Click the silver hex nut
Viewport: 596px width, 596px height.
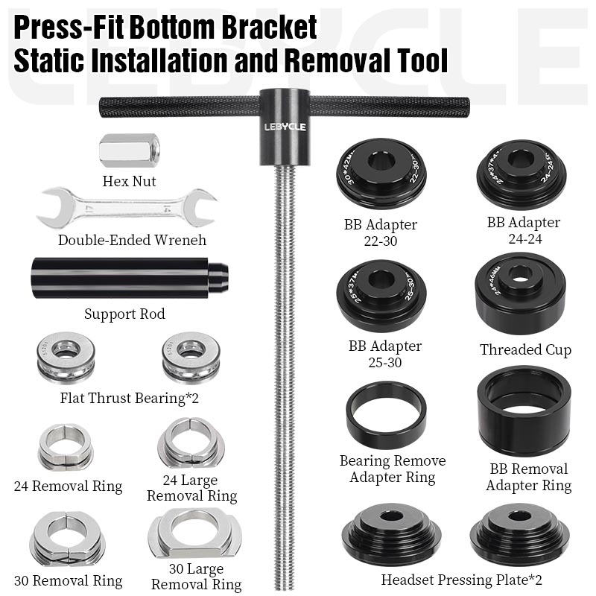coord(129,151)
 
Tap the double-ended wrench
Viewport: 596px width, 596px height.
coord(127,208)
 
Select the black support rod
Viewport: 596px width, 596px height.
coord(130,279)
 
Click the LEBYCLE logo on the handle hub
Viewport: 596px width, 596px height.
coord(285,127)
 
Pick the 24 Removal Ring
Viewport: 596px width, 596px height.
coord(66,447)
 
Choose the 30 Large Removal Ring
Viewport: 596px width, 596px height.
coord(195,533)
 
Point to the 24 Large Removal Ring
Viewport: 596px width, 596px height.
coord(191,443)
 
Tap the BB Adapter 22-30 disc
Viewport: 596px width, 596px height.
coord(381,173)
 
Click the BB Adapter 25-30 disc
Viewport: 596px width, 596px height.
coord(381,295)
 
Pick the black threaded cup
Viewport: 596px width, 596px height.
coord(520,293)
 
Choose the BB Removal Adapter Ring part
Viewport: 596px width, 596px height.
coord(524,411)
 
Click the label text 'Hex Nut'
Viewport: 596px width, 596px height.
coord(129,181)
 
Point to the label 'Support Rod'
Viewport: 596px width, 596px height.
coord(124,314)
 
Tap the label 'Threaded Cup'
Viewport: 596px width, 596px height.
coord(526,349)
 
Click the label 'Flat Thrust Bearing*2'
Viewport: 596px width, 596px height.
coord(129,398)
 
